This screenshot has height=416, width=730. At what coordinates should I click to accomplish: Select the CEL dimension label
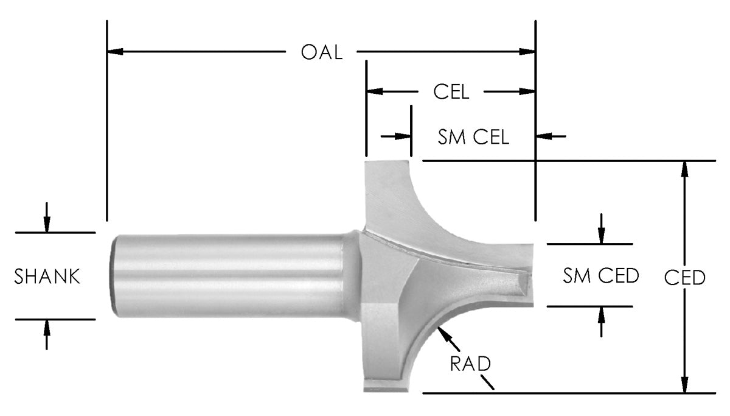point(451,92)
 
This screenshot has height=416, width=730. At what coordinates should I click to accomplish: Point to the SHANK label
point(47,277)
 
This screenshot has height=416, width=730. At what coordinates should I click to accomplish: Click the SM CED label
point(600,276)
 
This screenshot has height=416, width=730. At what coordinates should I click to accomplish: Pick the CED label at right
point(684,277)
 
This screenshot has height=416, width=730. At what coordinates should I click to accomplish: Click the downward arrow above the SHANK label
point(47,225)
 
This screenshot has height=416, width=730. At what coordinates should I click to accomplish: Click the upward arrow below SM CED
point(601,313)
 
